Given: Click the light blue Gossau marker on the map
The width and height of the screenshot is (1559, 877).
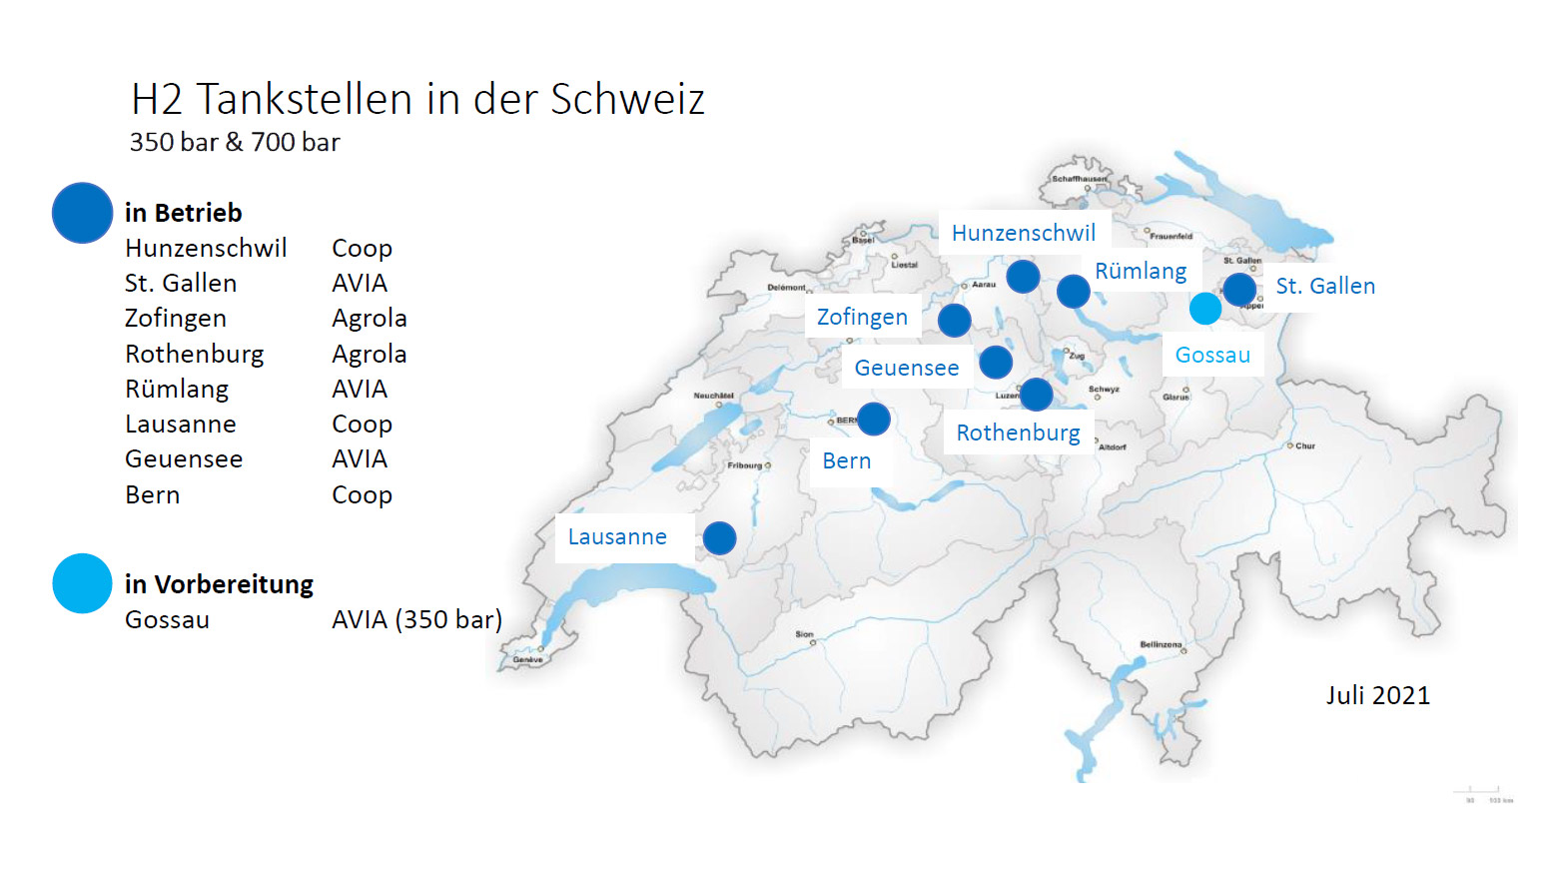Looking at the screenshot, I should click(1205, 309).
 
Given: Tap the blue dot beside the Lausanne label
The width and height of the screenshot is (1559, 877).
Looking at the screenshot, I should click(719, 538).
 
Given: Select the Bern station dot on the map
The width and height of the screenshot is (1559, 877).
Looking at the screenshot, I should click(874, 419).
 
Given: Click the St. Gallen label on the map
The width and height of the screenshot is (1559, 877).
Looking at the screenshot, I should click(1325, 287).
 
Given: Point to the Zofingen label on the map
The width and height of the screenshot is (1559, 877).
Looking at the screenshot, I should click(862, 318).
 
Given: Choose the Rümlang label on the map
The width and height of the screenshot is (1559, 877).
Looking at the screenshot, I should click(1141, 272).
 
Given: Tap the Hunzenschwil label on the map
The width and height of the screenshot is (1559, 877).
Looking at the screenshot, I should click(1024, 234).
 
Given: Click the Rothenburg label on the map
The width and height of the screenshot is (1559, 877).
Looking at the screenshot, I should click(1018, 434).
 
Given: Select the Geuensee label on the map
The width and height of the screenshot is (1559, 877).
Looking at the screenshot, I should click(906, 369).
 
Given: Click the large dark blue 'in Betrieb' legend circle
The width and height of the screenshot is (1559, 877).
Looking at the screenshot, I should click(82, 213).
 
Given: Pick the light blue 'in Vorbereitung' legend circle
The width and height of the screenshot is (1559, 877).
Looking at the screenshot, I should click(82, 583).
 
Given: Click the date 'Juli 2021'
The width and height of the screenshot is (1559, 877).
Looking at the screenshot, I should click(1377, 696).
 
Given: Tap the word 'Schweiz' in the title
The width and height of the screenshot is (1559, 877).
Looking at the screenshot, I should click(627, 100).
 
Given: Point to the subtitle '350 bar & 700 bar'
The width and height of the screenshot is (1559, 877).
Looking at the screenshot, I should click(235, 143).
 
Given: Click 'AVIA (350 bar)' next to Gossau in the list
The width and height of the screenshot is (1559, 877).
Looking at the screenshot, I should click(416, 620).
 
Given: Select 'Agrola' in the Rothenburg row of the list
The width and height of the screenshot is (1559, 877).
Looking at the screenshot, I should click(369, 355).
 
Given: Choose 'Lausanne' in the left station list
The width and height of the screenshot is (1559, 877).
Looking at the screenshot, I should click(181, 425).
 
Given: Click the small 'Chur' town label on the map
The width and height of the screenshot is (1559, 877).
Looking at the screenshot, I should click(1305, 446).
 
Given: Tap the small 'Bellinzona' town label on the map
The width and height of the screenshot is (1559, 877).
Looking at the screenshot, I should click(1161, 644).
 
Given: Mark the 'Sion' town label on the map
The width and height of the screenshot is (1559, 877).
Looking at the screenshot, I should click(804, 634).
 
